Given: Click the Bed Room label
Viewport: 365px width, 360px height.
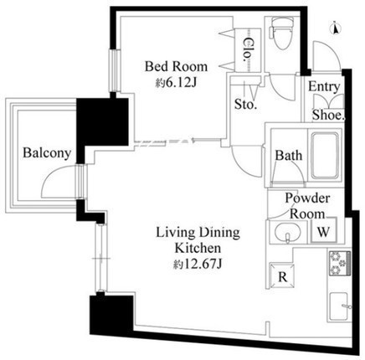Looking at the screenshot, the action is point(176,66).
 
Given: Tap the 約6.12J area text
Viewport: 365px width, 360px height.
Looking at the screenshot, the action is point(177,82).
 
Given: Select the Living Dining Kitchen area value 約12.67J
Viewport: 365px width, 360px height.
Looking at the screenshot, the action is point(198,264).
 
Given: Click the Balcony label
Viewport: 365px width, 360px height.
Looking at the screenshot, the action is point(47,153).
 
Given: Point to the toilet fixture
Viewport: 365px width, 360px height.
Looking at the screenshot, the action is point(282,33).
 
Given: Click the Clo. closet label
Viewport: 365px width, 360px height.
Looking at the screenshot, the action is point(248,50).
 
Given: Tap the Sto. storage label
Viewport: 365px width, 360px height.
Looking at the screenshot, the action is point(245,104).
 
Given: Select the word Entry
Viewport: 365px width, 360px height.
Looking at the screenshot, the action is point(324,87).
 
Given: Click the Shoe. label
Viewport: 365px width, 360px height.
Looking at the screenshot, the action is point(328,115).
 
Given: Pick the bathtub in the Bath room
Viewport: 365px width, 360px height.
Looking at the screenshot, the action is point(325,156).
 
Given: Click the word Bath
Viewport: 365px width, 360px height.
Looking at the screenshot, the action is point(289,156).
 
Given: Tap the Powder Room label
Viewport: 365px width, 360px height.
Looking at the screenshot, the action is point(307,206).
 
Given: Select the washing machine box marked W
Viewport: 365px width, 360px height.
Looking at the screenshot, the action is point(324,231).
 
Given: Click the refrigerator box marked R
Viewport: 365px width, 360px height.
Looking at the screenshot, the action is point(282,276).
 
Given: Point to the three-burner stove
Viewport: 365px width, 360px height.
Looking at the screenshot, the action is point(340,263).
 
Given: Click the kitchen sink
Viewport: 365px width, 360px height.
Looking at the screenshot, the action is point(339,306).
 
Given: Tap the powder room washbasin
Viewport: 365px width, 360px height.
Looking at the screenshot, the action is point(288,231).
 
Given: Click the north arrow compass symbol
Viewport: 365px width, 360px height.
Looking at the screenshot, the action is point(336,29).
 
